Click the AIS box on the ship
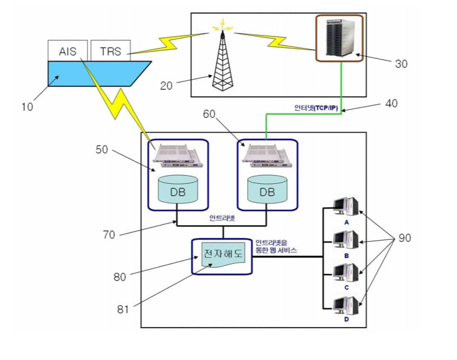pos(68,51)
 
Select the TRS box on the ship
pos(110,51)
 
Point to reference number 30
pos(401,64)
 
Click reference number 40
pos(390,103)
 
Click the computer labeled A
pos(346,208)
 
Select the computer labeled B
pos(346,240)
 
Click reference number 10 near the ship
pos(27,106)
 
